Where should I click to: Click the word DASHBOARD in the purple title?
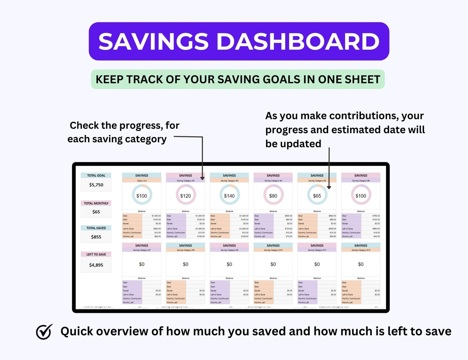click(x=298, y=41)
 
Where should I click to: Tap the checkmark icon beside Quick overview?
click(x=44, y=331)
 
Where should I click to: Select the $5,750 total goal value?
click(x=96, y=185)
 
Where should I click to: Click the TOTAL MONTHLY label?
click(x=96, y=203)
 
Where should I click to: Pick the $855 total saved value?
click(x=96, y=237)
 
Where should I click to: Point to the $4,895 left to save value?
click(x=96, y=265)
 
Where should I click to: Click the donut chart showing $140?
click(x=229, y=196)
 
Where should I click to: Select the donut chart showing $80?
click(x=273, y=196)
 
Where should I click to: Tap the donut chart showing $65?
click(x=317, y=196)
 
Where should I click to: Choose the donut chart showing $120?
click(x=186, y=196)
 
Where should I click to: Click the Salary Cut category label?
click(x=142, y=181)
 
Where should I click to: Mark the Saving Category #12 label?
click(x=361, y=250)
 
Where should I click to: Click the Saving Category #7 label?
click(x=142, y=250)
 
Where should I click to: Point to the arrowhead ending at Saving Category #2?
click(x=202, y=178)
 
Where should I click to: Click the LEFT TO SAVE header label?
click(x=96, y=254)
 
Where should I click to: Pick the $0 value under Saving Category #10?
click(x=273, y=264)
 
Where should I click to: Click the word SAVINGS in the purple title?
click(x=154, y=41)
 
